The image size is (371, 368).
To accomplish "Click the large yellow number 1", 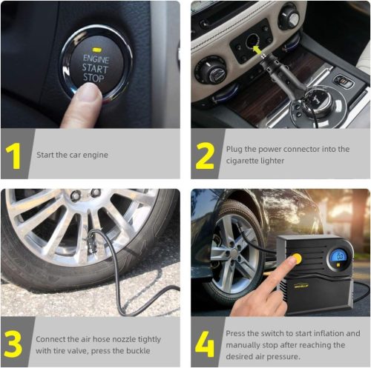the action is pyautogui.click(x=13, y=155).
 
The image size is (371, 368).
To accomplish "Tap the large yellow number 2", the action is pyautogui.click(x=205, y=155).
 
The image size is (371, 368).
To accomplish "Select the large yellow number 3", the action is pyautogui.click(x=13, y=344).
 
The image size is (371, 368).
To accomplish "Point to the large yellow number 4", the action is pyautogui.click(x=205, y=344).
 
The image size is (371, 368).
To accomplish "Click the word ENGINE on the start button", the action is pyautogui.click(x=96, y=59).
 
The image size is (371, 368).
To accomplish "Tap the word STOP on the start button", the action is pyautogui.click(x=93, y=78).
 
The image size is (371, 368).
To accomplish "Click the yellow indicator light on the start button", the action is pyautogui.click(x=96, y=50).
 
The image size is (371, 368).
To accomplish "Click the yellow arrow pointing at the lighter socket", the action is pyautogui.click(x=257, y=50).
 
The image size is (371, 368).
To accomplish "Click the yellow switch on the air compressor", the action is pyautogui.click(x=296, y=258).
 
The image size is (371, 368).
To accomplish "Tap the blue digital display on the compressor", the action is pyautogui.click(x=340, y=256).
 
